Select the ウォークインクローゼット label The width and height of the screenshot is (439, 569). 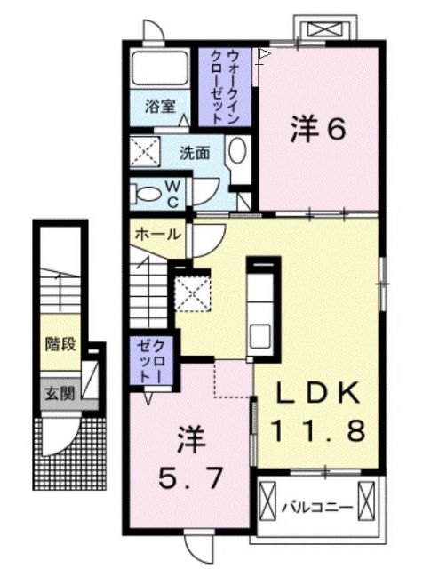pyautogui.click(x=226, y=86)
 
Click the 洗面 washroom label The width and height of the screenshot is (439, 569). pyautogui.click(x=196, y=151)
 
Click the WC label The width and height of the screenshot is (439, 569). pyautogui.click(x=173, y=193)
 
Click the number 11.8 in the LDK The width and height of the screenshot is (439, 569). pyautogui.click(x=317, y=432)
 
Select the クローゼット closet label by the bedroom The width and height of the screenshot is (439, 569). pyautogui.click(x=152, y=360)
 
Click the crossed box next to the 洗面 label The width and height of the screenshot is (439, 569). pyautogui.click(x=143, y=151)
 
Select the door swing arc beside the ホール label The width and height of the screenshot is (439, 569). pyautogui.click(x=204, y=237)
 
